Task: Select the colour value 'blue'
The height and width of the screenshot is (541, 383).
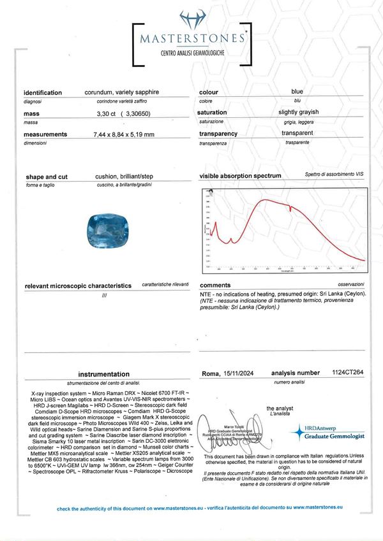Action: pos(297,92)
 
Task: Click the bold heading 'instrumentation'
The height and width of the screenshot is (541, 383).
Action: pos(103,375)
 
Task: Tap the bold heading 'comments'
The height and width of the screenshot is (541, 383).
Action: pos(215,285)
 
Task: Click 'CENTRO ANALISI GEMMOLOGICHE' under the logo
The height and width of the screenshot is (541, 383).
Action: pos(191,55)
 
